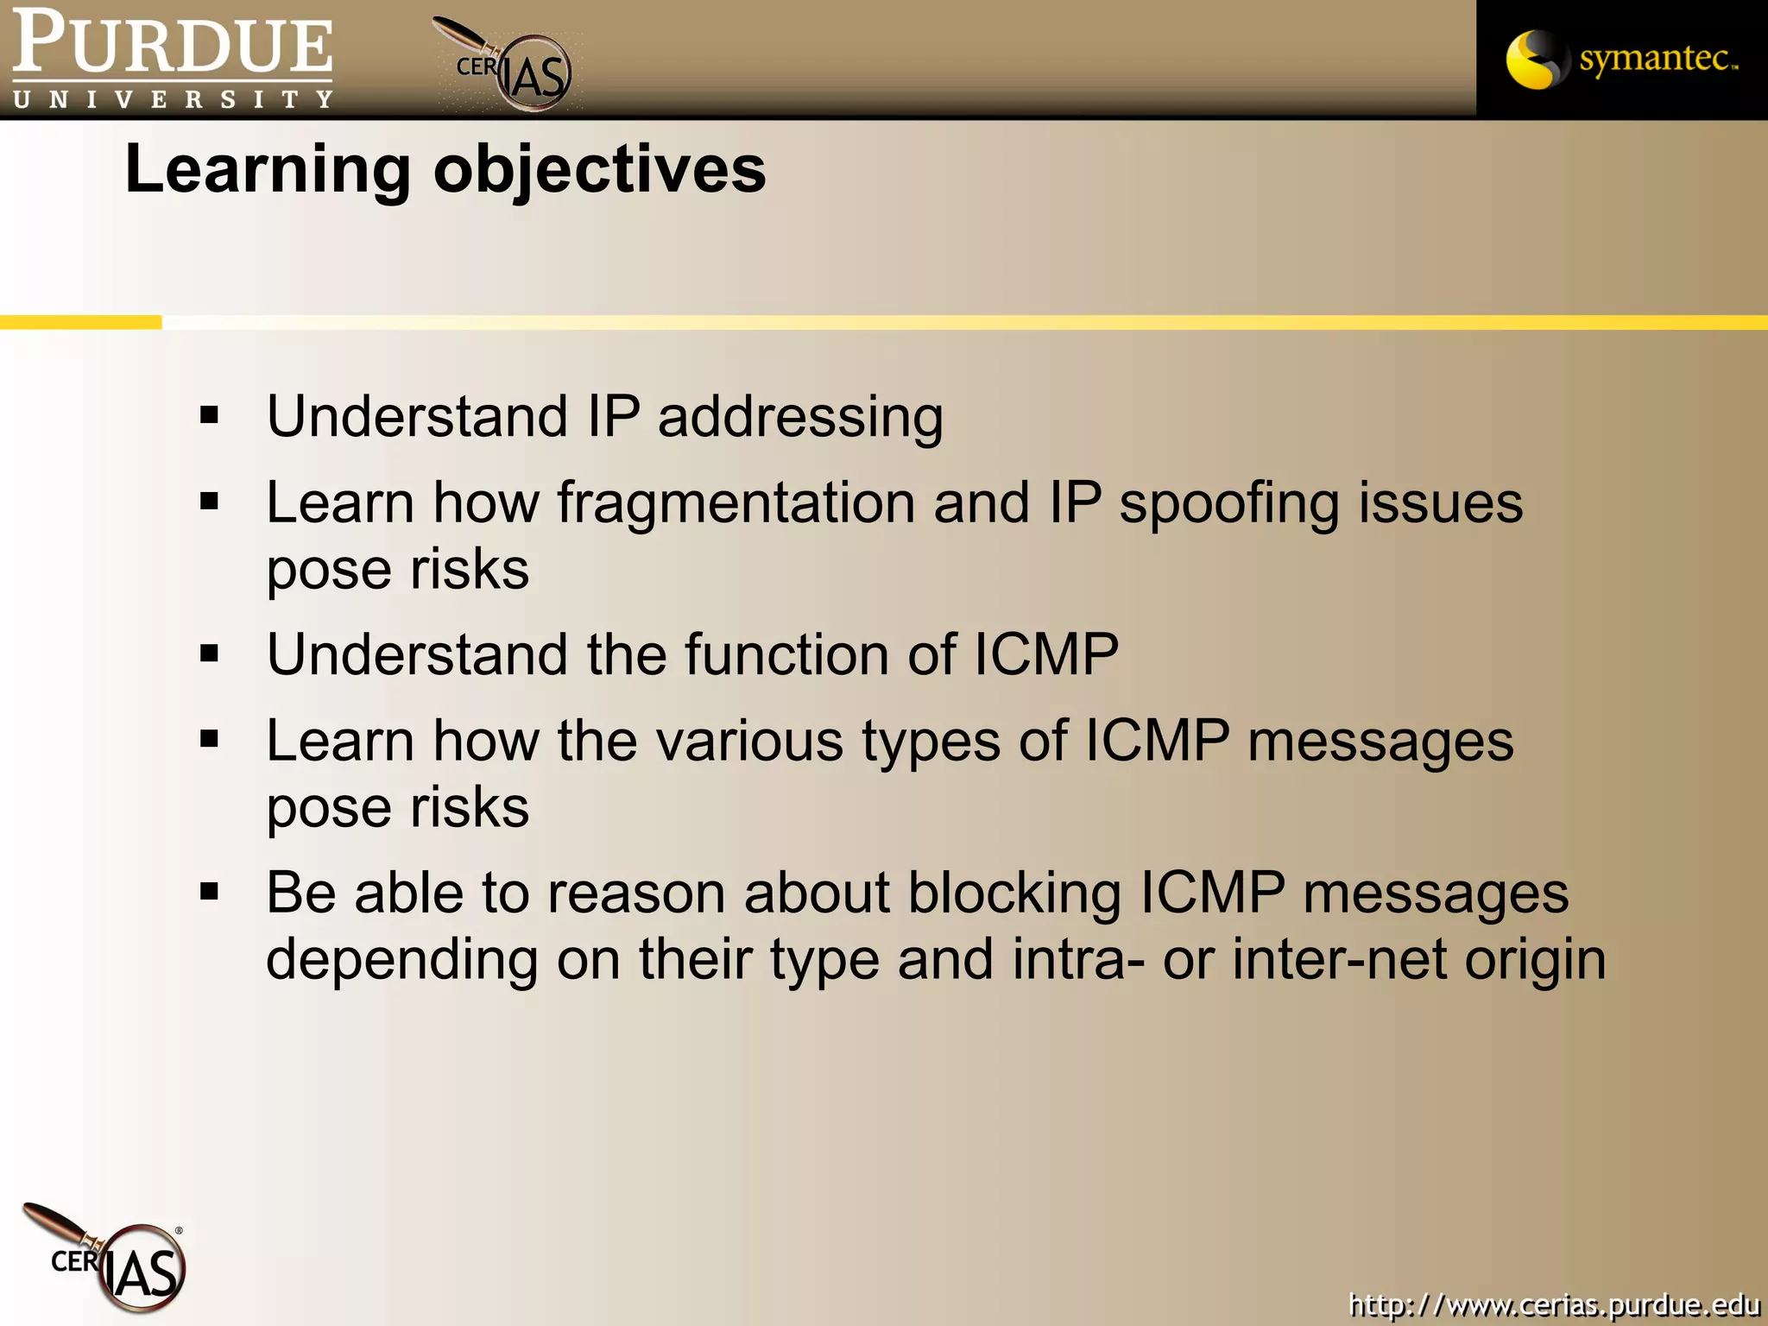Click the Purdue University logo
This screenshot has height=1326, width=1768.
[172, 59]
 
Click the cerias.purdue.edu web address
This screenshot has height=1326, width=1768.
[1554, 1304]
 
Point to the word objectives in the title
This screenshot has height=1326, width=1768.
[599, 169]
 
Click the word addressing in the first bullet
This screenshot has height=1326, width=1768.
[800, 417]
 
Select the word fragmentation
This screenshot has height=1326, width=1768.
[736, 503]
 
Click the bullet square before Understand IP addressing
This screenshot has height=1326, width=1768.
[209, 416]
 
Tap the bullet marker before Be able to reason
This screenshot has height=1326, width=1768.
[209, 891]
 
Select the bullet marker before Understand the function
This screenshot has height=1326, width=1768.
[209, 654]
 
